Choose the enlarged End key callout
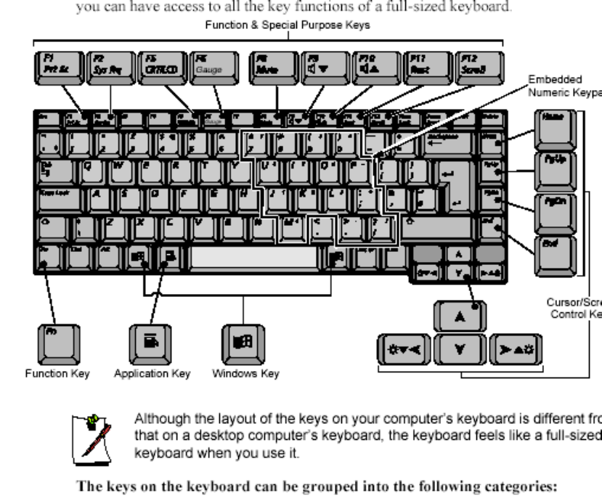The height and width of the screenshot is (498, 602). [556, 250]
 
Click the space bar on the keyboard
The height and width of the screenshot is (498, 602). [255, 258]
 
